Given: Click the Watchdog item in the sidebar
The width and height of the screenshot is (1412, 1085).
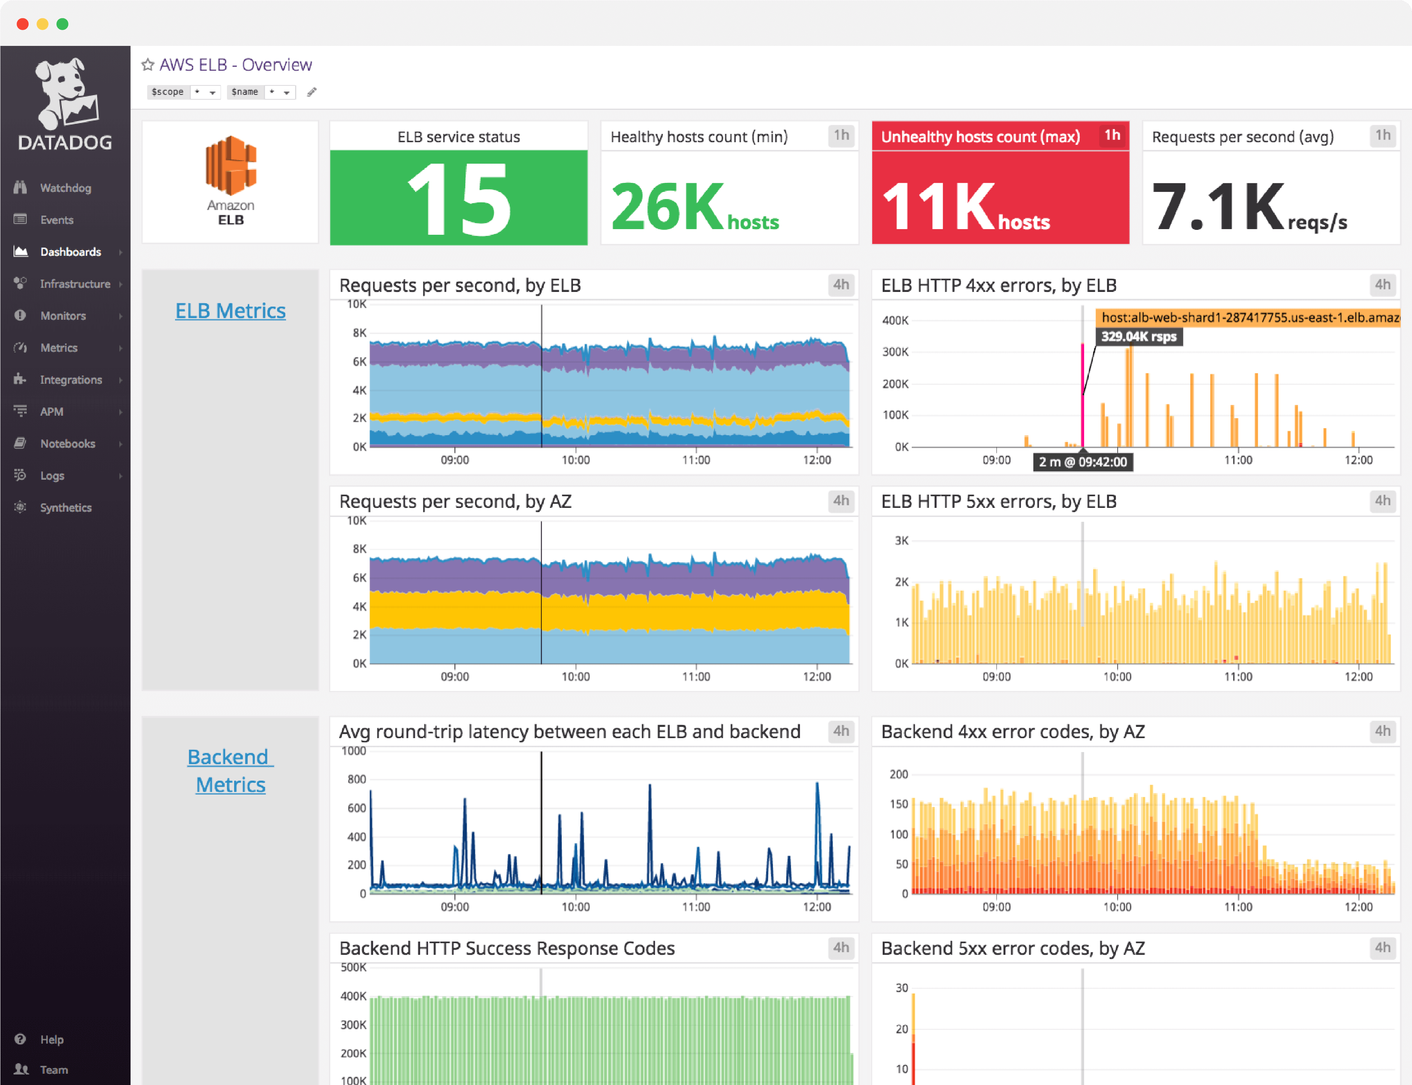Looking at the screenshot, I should click(x=65, y=188).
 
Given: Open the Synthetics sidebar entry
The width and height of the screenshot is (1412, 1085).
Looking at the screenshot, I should click(x=65, y=508).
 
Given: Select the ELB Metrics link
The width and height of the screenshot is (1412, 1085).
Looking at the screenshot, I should click(x=230, y=311).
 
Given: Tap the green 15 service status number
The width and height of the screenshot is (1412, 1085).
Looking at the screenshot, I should click(x=459, y=199).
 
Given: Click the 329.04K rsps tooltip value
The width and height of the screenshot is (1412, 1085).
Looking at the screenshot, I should click(x=1139, y=336).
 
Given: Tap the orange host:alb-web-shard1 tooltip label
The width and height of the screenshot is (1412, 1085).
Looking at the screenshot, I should click(x=1247, y=317).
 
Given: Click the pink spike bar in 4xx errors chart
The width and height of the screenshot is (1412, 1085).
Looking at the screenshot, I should click(x=1082, y=394).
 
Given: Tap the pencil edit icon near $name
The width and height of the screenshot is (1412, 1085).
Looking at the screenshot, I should click(x=311, y=92).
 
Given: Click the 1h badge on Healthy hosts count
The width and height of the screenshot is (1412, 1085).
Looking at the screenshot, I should click(x=841, y=135).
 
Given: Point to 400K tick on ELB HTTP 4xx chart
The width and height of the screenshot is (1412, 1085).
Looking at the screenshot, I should click(x=895, y=320).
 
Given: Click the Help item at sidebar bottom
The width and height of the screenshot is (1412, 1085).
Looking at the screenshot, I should click(x=51, y=1039).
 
